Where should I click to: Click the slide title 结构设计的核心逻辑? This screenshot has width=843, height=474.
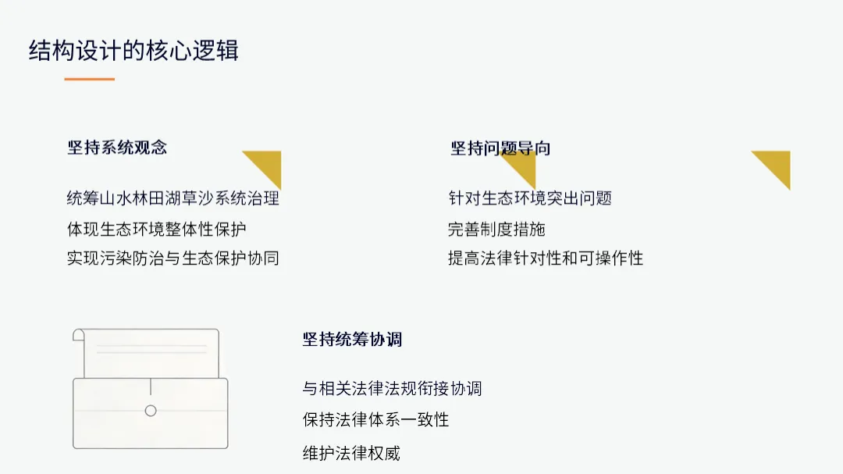[133, 51]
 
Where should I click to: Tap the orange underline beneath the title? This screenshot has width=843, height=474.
[89, 79]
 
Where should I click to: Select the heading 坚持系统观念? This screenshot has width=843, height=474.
[117, 147]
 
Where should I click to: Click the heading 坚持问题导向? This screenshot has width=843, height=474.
[500, 148]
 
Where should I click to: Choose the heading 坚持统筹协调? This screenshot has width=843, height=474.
[352, 339]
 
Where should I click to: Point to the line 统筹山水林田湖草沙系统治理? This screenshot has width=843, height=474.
[173, 198]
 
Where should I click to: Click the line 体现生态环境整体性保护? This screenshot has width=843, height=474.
[157, 229]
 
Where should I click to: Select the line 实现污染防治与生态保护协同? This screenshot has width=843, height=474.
[173, 258]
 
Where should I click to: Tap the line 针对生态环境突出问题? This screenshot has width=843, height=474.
[530, 198]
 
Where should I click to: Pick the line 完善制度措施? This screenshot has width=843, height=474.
[496, 229]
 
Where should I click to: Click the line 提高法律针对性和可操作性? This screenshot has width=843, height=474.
[546, 258]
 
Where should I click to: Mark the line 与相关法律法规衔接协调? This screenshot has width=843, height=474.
[392, 387]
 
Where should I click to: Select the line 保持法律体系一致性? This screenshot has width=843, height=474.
[375, 419]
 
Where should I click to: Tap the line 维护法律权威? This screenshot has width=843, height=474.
[351, 452]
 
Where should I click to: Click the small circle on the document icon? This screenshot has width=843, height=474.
[151, 411]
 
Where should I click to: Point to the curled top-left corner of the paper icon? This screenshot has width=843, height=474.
[78, 335]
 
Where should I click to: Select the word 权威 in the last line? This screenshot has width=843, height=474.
[384, 452]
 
